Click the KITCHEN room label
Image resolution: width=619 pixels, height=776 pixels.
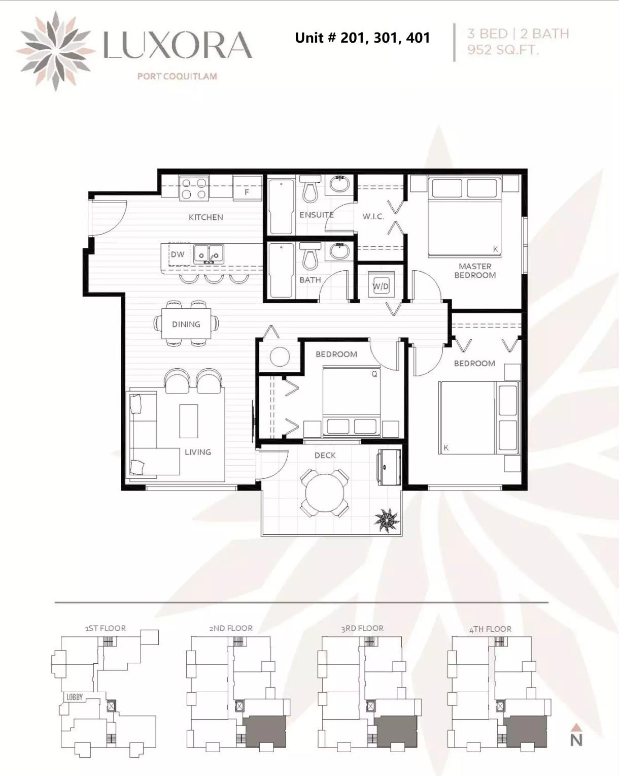[x=205, y=217]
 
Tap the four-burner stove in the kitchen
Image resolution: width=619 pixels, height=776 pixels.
[x=194, y=188]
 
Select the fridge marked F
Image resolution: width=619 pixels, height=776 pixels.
[x=247, y=188]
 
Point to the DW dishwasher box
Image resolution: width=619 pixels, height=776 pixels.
[x=179, y=254]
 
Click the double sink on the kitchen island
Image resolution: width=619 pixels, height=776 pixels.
[x=209, y=254]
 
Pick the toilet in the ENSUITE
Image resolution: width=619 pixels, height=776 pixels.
[x=310, y=188]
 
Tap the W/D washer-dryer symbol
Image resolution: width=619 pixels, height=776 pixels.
[x=381, y=286]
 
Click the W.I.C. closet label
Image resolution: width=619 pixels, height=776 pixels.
[x=373, y=216]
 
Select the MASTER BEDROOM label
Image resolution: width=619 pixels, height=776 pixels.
[x=475, y=271]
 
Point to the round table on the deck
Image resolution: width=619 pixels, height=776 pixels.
[x=325, y=493]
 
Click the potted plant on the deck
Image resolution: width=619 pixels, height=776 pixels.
[x=387, y=520]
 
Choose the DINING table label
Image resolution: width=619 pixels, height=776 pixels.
[x=186, y=324]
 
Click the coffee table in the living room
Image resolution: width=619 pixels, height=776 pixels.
[x=189, y=421]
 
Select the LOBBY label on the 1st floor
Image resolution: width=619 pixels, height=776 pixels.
[x=75, y=697]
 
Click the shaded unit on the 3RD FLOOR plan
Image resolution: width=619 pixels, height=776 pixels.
[x=395, y=731]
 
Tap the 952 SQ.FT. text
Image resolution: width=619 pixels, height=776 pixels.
[x=503, y=50]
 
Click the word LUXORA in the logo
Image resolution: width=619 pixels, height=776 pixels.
[x=178, y=45]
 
